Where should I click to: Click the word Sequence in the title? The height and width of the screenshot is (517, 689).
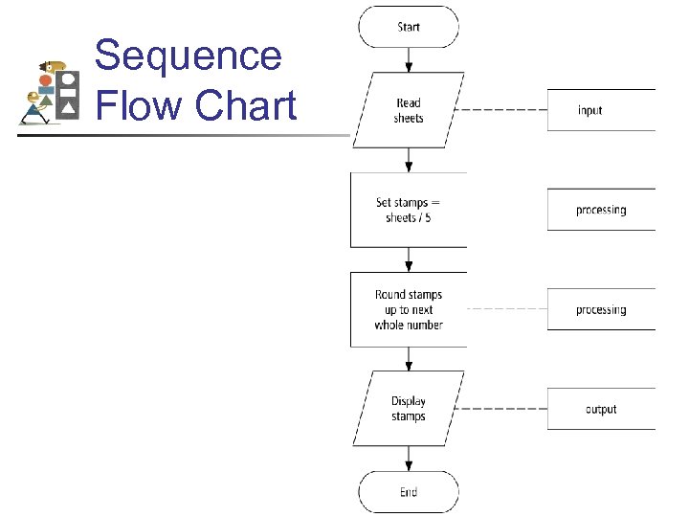(189, 56)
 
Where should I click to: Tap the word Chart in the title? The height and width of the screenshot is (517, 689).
(246, 105)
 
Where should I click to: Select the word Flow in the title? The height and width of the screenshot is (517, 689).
(140, 105)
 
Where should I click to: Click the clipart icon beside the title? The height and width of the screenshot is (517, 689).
(51, 92)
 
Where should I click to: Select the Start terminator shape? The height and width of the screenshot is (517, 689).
(409, 27)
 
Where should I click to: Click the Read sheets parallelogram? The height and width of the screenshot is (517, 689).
(409, 110)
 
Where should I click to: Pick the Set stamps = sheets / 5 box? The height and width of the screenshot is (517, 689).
(409, 210)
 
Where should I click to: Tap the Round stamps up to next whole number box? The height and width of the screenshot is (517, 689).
(409, 309)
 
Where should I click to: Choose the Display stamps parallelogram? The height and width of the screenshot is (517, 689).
(409, 409)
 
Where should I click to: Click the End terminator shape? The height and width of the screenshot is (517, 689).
(409, 492)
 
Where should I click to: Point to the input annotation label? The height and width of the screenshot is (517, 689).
(590, 110)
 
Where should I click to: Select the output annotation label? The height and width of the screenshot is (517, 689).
(601, 409)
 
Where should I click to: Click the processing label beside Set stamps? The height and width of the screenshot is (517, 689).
(601, 210)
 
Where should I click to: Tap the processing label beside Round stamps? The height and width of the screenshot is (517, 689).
(601, 309)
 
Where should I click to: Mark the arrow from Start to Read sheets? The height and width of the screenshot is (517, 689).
(409, 59)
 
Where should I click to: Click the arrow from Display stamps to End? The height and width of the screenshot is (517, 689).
(409, 459)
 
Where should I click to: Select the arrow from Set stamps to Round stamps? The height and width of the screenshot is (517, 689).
(409, 259)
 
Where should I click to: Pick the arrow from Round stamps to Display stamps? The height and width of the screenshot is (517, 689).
(409, 359)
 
